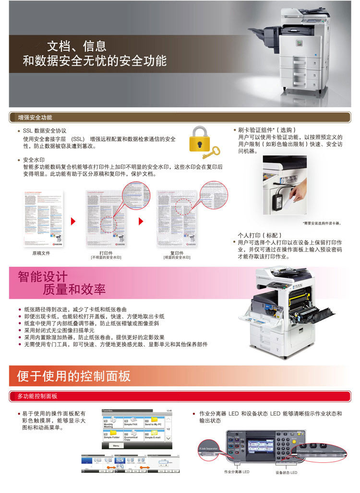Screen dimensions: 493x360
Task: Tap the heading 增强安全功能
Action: point(35,117)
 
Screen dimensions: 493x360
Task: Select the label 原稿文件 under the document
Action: point(41,253)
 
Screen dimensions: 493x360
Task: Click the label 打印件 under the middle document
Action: point(106,253)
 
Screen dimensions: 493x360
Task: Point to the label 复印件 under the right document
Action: point(177,253)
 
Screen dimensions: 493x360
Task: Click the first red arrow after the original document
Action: point(73,221)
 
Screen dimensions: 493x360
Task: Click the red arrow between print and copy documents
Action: point(141,221)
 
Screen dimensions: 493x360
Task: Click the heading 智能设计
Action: point(43,277)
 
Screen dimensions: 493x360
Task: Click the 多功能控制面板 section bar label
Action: point(37,396)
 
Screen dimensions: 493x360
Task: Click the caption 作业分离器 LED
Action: point(237,472)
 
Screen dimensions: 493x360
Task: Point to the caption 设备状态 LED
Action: point(286,472)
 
